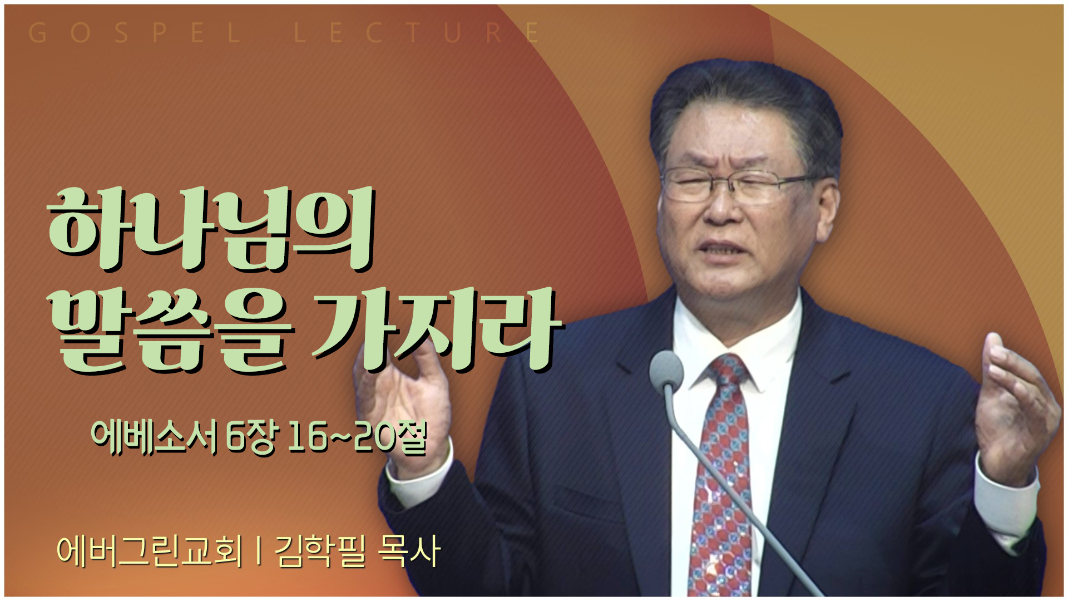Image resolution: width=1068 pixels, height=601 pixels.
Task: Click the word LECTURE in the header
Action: point(417,33)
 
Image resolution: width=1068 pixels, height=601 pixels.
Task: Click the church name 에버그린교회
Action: point(150,551)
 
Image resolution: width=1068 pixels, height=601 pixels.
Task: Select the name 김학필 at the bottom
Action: point(320,551)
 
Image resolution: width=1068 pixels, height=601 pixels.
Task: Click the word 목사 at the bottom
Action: point(409,551)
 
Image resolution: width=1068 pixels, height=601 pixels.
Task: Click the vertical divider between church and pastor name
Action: point(259,551)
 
